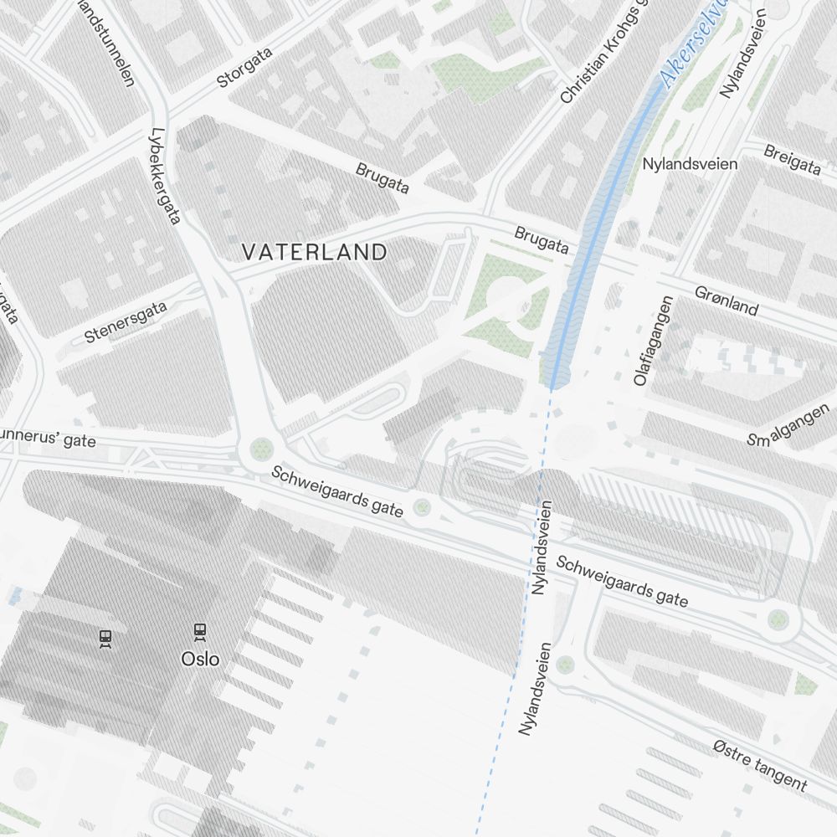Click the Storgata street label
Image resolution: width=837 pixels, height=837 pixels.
[245, 69]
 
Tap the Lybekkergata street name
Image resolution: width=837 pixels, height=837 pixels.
[165, 176]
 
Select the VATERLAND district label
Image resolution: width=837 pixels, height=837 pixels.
[315, 252]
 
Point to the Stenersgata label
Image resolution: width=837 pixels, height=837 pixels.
[126, 322]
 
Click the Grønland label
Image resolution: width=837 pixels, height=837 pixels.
[727, 300]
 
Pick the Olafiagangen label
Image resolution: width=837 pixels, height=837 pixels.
[653, 341]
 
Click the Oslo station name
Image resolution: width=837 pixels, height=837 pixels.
[201, 659]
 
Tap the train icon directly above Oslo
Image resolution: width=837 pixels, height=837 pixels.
[200, 631]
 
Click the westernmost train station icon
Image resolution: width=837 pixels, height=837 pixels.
[105, 639]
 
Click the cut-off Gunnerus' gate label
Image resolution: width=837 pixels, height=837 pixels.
[46, 438]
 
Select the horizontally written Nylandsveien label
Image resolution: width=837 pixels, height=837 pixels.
[690, 163]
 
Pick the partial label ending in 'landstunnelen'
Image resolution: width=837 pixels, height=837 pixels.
[107, 40]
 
